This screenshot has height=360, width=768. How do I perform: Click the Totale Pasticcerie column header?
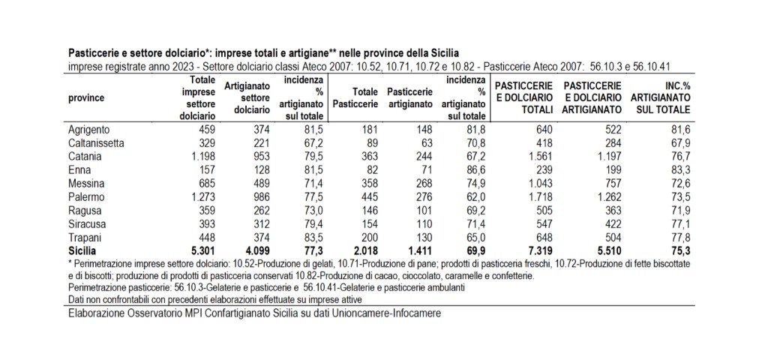point(353,97)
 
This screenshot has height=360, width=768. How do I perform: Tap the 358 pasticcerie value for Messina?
point(365,183)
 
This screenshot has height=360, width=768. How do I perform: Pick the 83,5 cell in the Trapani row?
point(313,237)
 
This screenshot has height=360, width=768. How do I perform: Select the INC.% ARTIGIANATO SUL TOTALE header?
point(660,97)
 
